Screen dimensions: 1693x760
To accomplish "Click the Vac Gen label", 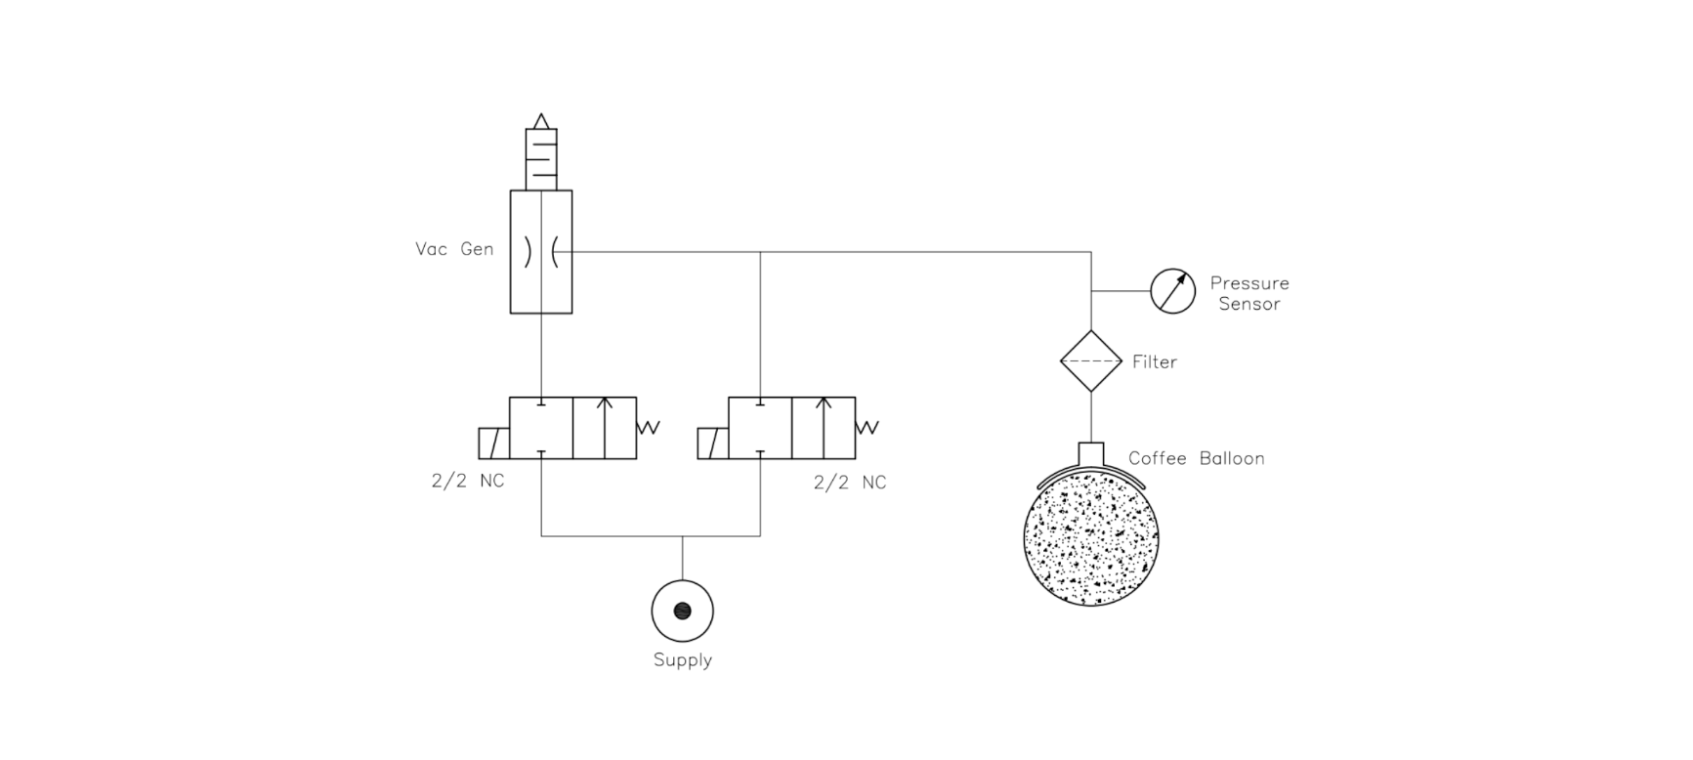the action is tap(454, 249).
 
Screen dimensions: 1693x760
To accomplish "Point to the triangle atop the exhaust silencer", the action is tap(541, 121).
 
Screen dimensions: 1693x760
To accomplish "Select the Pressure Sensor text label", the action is tap(1249, 293).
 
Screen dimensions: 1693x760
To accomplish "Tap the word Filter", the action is tap(1155, 362).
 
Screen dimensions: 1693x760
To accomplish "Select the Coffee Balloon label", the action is tap(1197, 458).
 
